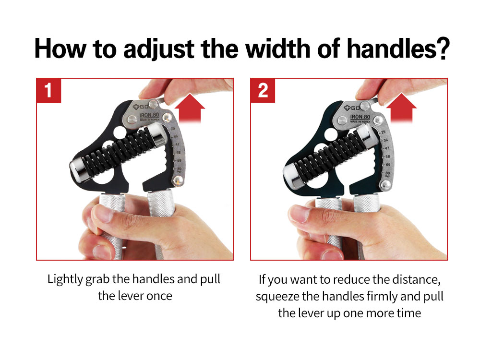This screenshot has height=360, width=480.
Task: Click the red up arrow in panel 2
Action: click(x=401, y=108)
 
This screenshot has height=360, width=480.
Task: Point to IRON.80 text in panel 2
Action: click(x=360, y=117)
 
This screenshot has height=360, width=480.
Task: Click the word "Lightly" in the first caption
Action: click(x=64, y=279)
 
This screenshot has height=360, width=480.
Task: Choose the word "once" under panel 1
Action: click(x=159, y=296)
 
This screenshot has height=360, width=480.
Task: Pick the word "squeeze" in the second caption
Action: click(x=275, y=296)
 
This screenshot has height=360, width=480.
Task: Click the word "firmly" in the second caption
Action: click(x=384, y=296)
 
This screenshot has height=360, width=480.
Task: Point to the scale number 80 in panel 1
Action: click(x=179, y=168)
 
